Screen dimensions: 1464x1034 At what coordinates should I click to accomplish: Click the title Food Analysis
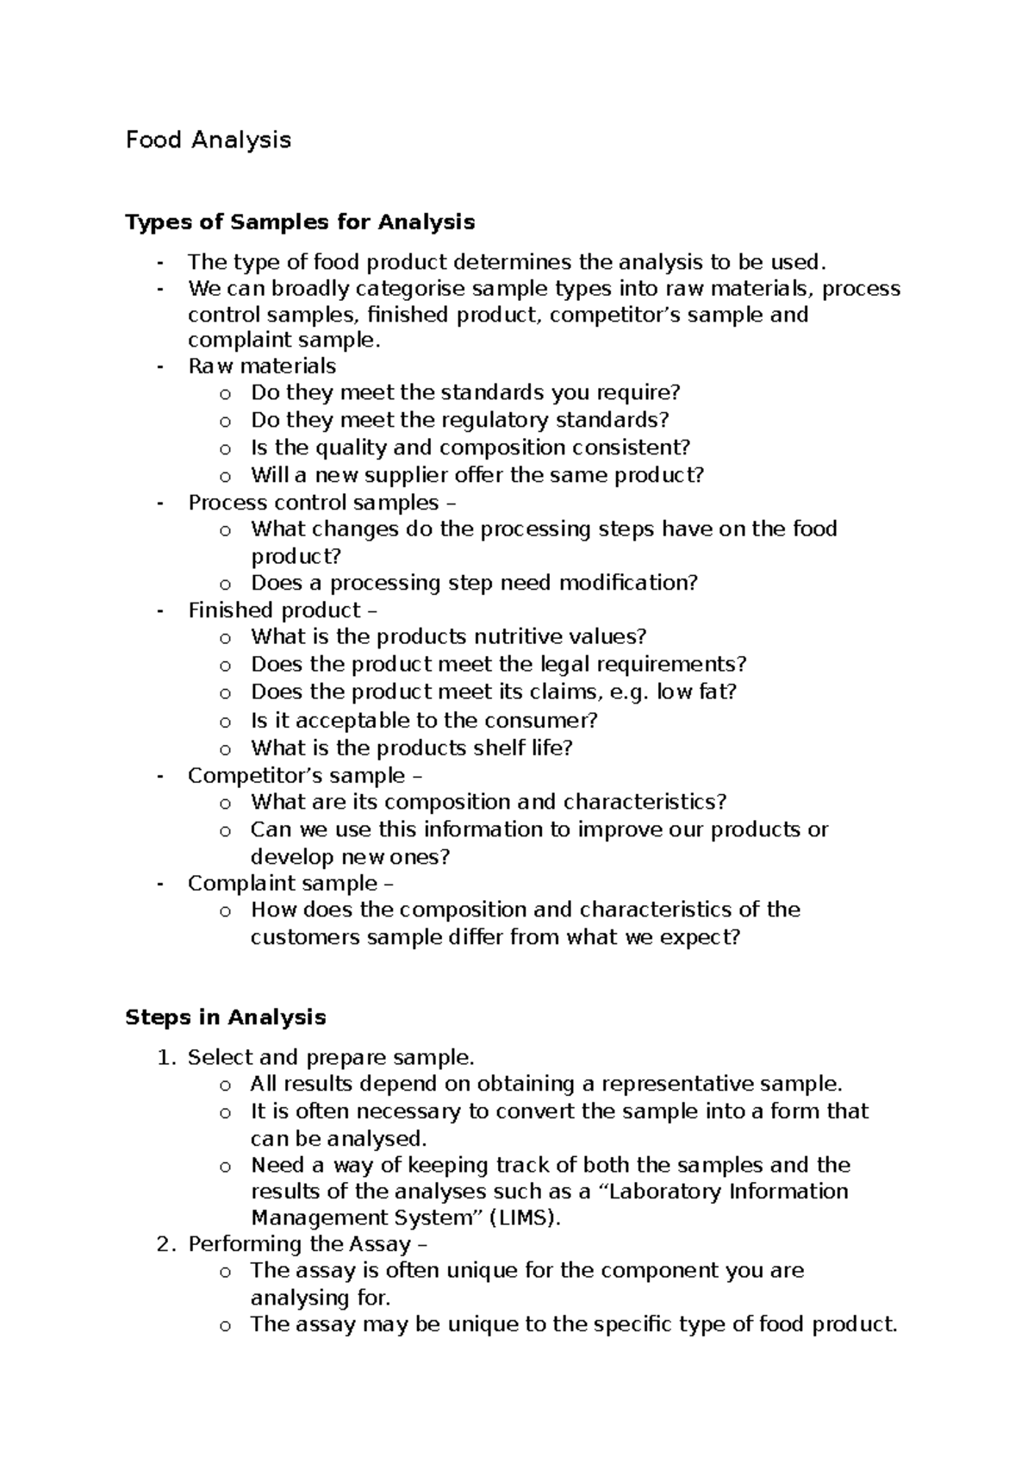(x=209, y=140)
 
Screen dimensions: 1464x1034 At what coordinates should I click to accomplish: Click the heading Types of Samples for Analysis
(x=300, y=222)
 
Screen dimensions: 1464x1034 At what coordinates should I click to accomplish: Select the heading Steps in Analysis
(x=225, y=1017)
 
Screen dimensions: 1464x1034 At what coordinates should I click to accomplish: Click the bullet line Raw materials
(x=262, y=366)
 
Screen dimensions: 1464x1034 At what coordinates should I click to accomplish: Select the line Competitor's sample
(x=296, y=775)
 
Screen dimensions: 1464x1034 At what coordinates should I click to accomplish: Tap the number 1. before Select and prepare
(x=167, y=1057)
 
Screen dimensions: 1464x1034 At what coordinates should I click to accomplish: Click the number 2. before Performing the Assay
(x=167, y=1244)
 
